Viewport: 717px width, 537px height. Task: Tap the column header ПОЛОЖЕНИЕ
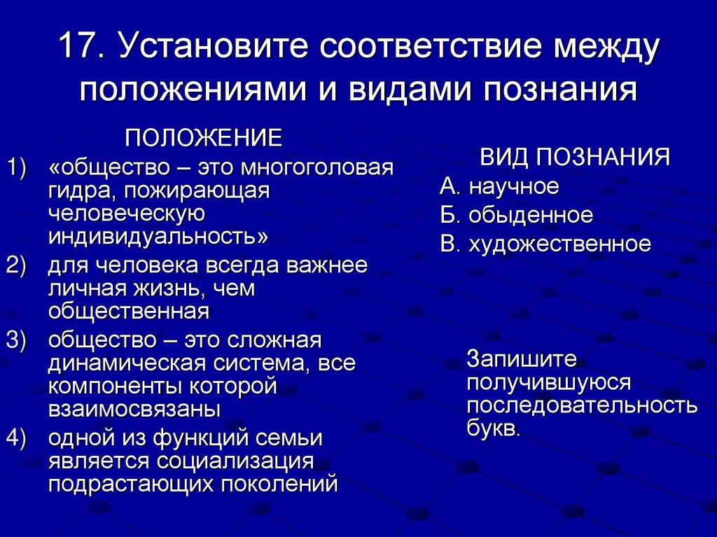click(x=203, y=138)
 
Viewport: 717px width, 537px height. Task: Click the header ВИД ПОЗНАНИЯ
click(x=574, y=157)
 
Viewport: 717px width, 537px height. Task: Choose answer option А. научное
click(x=499, y=186)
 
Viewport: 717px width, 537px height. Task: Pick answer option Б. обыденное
click(x=516, y=215)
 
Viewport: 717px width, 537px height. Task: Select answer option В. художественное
click(x=545, y=244)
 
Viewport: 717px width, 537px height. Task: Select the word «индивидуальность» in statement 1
click(x=158, y=236)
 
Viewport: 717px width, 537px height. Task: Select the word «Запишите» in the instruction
click(x=522, y=359)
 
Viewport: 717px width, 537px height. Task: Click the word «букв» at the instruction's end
click(x=493, y=428)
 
